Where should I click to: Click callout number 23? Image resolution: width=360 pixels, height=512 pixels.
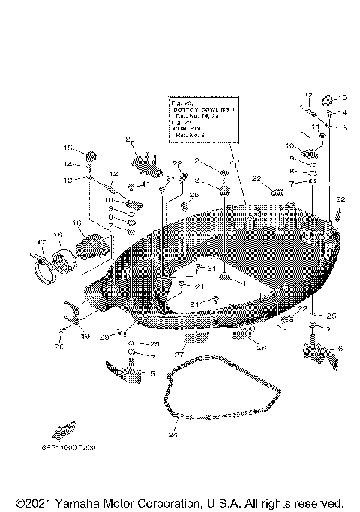point(130,139)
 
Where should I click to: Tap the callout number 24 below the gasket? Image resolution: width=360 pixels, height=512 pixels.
point(172,434)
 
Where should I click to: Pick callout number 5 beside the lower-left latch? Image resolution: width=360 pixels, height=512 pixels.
point(153,373)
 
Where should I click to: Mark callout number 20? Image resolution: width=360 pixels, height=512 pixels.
point(60,347)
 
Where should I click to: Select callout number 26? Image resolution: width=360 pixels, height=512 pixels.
point(193,195)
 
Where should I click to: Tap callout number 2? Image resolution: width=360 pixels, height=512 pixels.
point(196,160)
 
